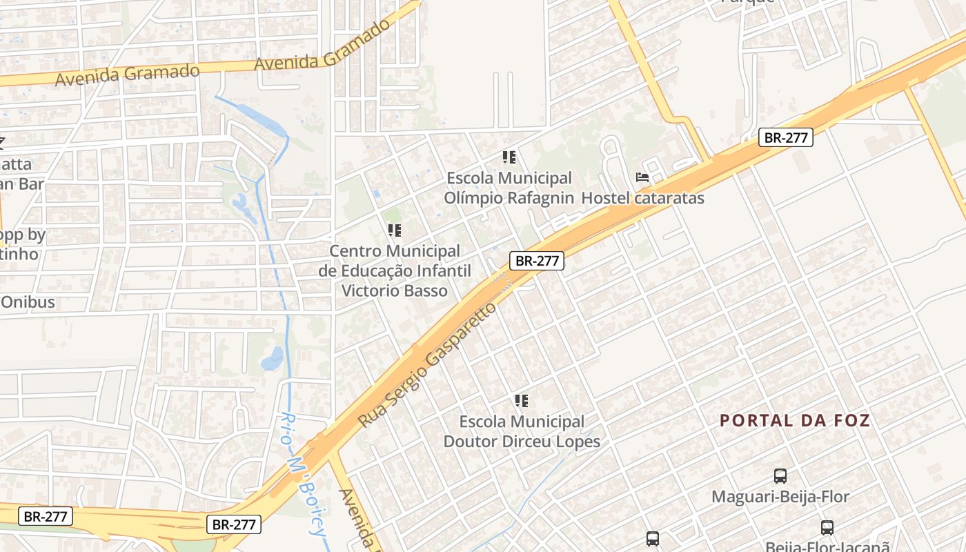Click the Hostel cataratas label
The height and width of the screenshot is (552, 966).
pyautogui.click(x=642, y=199)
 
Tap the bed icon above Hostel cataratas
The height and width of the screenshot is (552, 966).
pyautogui.click(x=642, y=177)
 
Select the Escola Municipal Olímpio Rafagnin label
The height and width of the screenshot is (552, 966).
pyautogui.click(x=509, y=188)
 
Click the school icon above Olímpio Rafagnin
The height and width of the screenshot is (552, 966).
pyautogui.click(x=509, y=157)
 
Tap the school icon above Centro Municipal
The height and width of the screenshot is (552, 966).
pyautogui.click(x=395, y=230)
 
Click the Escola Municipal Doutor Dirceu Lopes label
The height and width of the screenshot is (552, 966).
pyautogui.click(x=522, y=431)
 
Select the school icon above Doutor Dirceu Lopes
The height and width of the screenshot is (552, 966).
pyautogui.click(x=522, y=400)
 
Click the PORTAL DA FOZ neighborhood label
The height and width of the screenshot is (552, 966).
pyautogui.click(x=795, y=420)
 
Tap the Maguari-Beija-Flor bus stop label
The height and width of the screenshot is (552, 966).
pyautogui.click(x=780, y=496)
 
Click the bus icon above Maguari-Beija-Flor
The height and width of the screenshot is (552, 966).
pyautogui.click(x=780, y=475)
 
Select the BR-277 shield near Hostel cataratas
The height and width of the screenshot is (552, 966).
pyautogui.click(x=787, y=137)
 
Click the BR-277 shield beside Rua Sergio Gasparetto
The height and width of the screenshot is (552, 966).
pyautogui.click(x=537, y=261)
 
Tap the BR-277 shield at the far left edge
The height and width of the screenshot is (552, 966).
pyautogui.click(x=45, y=516)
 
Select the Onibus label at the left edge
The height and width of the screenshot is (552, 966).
pyautogui.click(x=28, y=302)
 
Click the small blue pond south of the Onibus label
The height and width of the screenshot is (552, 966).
pyautogui.click(x=273, y=358)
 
